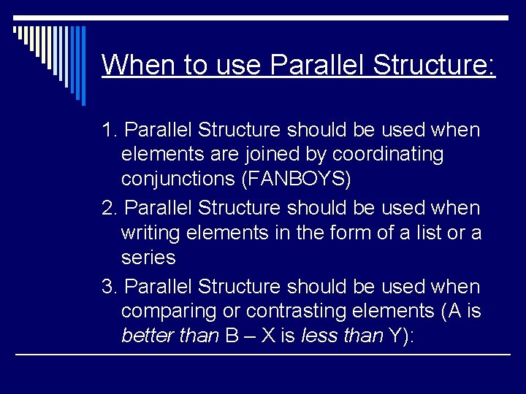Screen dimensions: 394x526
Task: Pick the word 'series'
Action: click(148, 258)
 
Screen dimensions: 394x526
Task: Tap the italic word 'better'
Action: click(144, 336)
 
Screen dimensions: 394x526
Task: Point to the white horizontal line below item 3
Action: click(263, 355)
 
